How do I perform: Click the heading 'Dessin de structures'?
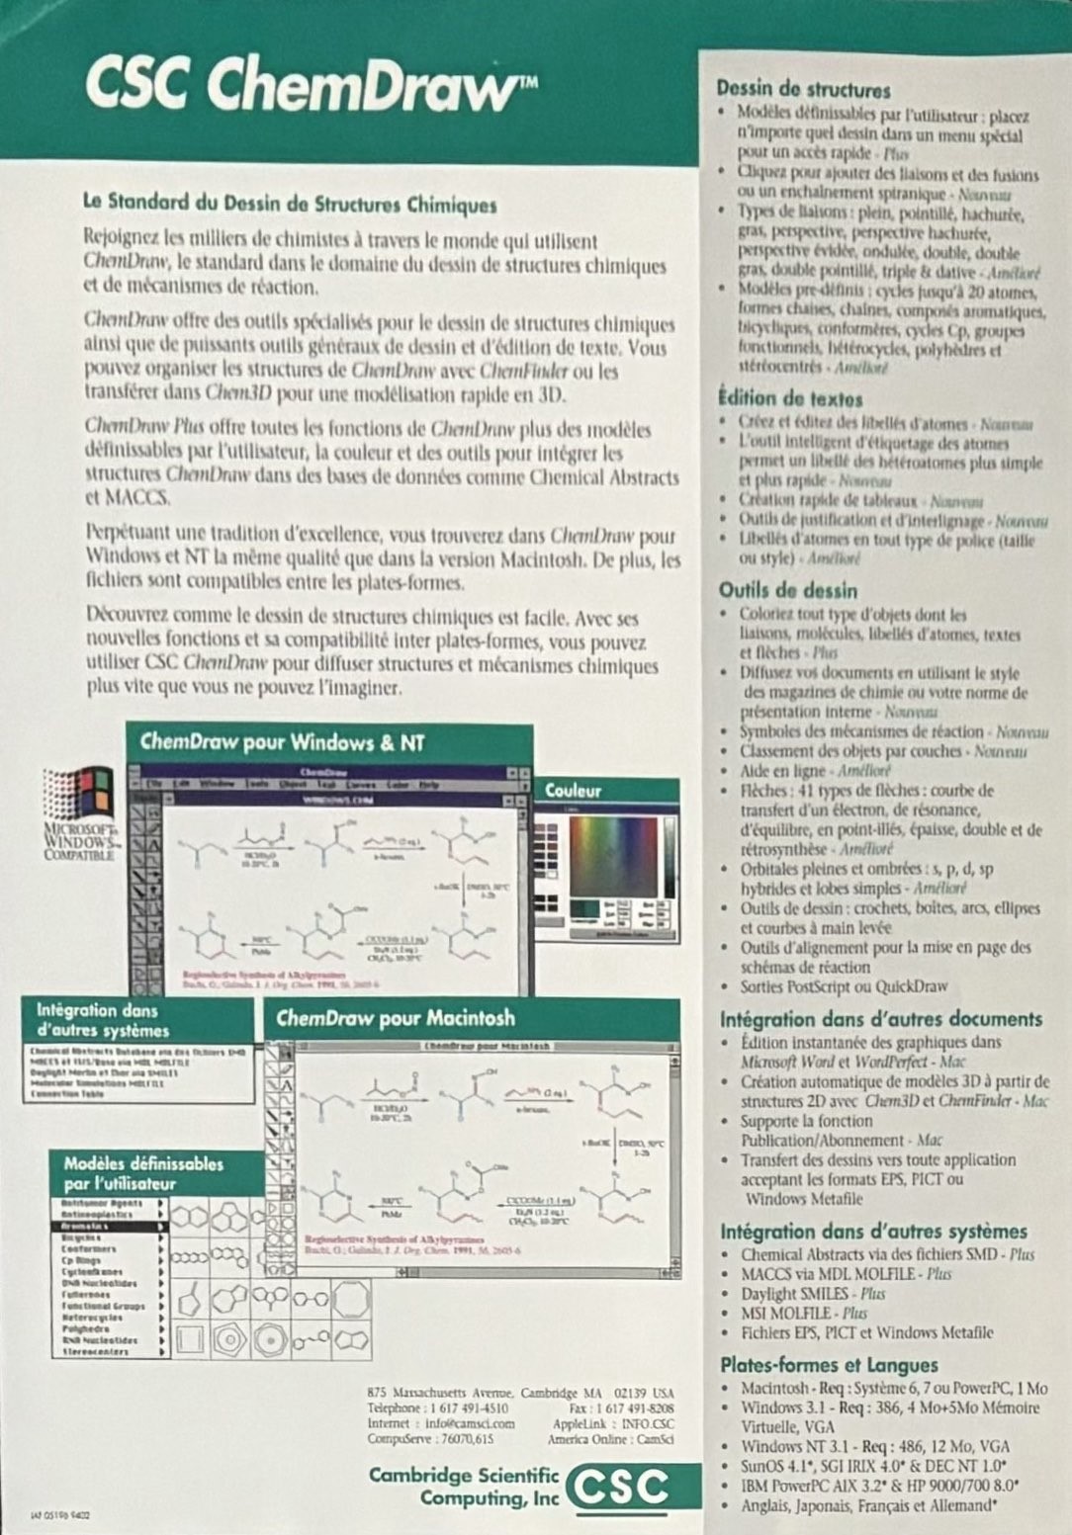tap(803, 90)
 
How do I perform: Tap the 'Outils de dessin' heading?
tap(788, 590)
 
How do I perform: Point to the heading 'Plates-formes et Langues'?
tap(829, 1365)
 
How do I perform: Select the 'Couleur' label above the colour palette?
tap(574, 791)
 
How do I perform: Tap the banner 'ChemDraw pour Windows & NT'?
tap(282, 742)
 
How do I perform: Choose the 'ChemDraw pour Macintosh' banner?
tap(396, 1018)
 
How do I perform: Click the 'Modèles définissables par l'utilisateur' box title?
tap(143, 1173)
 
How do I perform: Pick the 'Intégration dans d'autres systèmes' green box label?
tap(103, 1020)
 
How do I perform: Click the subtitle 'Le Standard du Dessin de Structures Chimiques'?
tap(290, 206)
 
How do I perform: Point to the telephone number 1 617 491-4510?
tap(467, 1407)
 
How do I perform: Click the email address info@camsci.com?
tap(470, 1423)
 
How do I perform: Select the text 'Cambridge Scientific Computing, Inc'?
tap(463, 1487)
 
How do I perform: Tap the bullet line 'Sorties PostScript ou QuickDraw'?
tap(844, 986)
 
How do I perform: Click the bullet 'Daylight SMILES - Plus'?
tap(813, 1293)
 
